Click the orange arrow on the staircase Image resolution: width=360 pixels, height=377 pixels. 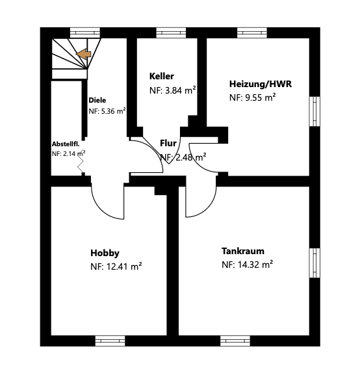click(x=84, y=54)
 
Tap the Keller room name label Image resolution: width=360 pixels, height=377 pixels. click(x=162, y=76)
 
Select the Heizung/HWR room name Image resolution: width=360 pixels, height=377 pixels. click(x=261, y=84)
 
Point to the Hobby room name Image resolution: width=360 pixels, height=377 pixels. click(x=105, y=253)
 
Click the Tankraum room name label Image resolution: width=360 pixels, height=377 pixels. click(x=243, y=251)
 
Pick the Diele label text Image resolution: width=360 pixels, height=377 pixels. click(x=97, y=100)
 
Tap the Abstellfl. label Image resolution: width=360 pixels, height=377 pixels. click(x=66, y=144)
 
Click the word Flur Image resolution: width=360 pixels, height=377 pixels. click(x=168, y=143)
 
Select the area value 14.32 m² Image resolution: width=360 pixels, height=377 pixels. click(x=255, y=265)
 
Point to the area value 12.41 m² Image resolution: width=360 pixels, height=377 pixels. click(x=124, y=266)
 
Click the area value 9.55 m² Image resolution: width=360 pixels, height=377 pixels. click(x=261, y=97)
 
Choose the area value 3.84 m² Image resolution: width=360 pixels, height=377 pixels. click(x=181, y=90)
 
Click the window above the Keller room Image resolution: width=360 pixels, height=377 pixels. click(x=171, y=32)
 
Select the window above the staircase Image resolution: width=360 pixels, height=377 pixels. click(x=85, y=32)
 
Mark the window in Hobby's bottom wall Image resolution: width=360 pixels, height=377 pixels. click(x=110, y=341)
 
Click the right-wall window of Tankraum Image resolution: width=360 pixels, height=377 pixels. click(x=315, y=263)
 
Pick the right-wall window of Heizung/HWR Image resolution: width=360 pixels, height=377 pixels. click(x=315, y=111)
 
